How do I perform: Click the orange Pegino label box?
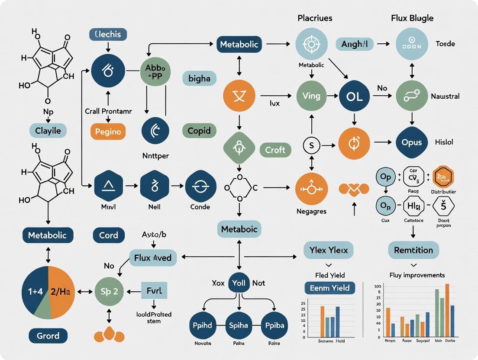pyautogui.click(x=107, y=132)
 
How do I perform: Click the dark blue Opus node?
pyautogui.click(x=412, y=142)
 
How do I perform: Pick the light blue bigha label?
pyautogui.click(x=199, y=79)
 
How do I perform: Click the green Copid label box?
pyautogui.click(x=199, y=130)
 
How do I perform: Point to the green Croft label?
pyautogui.click(x=275, y=150)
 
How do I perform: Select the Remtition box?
pyautogui.click(x=413, y=250)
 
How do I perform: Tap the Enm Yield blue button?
pyautogui.click(x=329, y=288)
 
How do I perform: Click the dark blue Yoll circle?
pyautogui.click(x=239, y=283)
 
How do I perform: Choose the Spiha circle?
pyautogui.click(x=239, y=325)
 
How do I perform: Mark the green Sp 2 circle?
pyautogui.click(x=109, y=291)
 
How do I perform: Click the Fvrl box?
pyautogui.click(x=154, y=290)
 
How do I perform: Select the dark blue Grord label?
pyautogui.click(x=48, y=336)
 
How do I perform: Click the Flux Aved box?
pyautogui.click(x=153, y=258)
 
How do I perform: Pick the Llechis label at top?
pyautogui.click(x=104, y=35)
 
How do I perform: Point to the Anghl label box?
pyautogui.click(x=355, y=44)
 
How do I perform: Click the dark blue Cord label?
pyautogui.click(x=109, y=235)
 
